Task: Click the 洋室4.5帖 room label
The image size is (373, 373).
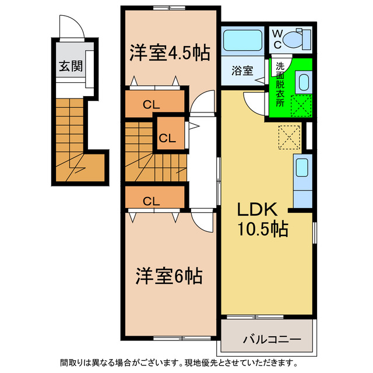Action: pos(169,52)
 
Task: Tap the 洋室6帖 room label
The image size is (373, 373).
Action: pos(169,276)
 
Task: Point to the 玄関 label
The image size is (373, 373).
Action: pos(69,65)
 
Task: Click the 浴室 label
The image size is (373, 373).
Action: pos(242,71)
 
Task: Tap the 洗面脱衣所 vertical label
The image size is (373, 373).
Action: pos(280,85)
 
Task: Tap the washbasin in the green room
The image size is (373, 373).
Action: pos(303,82)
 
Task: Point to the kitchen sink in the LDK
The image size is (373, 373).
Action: pos(302,168)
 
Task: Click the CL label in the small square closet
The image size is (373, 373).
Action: pos(168,139)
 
